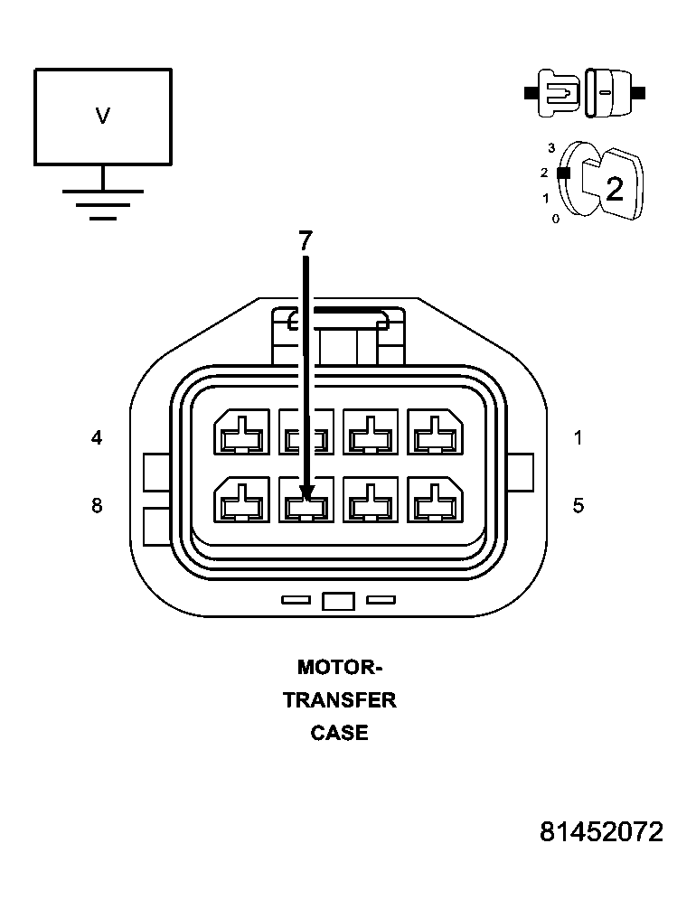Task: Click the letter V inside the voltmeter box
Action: click(x=103, y=116)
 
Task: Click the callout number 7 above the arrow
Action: click(x=305, y=241)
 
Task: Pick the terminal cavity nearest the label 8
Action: click(x=241, y=500)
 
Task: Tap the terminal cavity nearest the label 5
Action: click(x=437, y=500)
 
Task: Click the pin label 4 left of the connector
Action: click(x=97, y=438)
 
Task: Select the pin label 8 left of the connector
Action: click(x=97, y=505)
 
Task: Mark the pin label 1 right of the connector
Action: click(x=578, y=438)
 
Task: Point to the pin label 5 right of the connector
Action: click(x=578, y=505)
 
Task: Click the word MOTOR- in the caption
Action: click(x=340, y=668)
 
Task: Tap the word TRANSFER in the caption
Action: click(x=340, y=700)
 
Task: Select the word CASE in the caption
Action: click(x=340, y=733)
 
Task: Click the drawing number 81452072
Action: click(x=601, y=832)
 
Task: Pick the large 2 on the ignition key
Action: click(x=615, y=189)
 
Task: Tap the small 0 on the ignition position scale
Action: click(x=556, y=219)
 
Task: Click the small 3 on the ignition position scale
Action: click(x=550, y=146)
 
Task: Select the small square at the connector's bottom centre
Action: click(x=338, y=602)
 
